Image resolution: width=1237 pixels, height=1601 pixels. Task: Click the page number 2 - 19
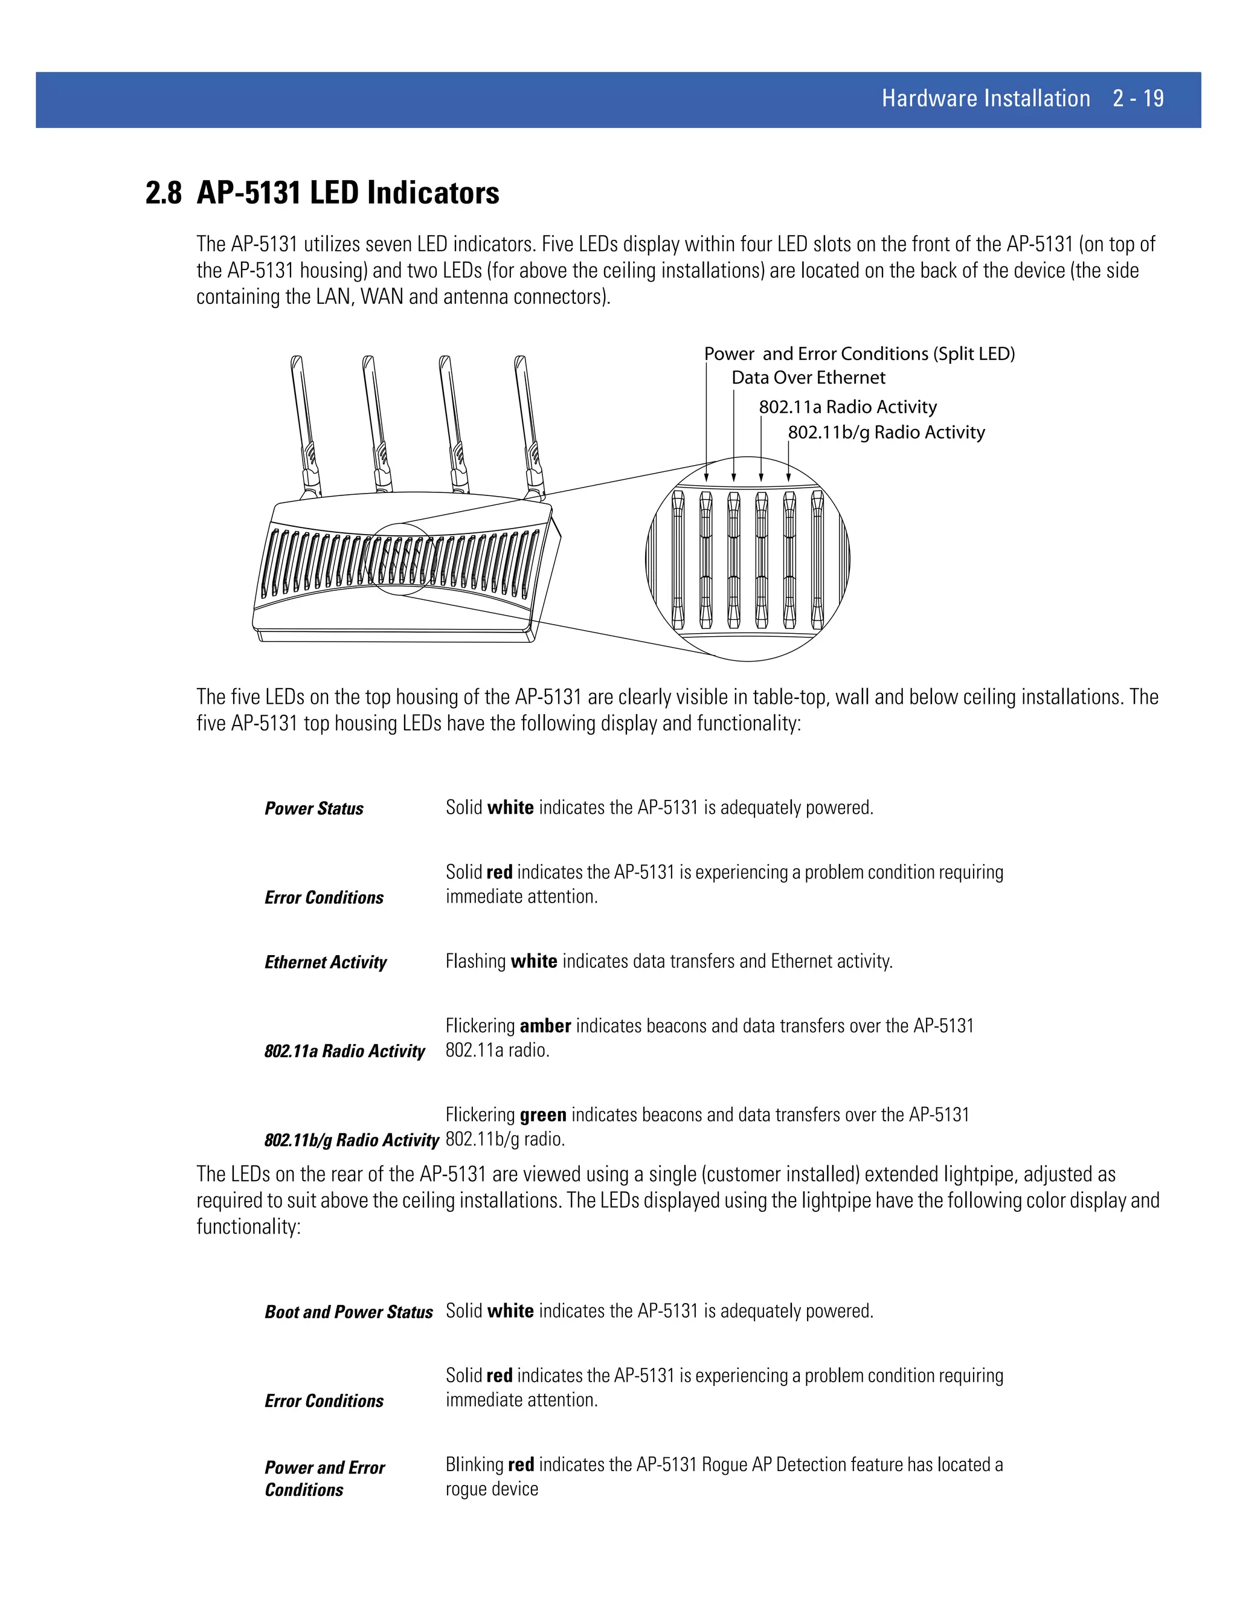1137,98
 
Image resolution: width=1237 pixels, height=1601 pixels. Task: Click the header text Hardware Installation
985,98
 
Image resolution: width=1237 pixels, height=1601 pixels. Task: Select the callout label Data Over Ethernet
808,378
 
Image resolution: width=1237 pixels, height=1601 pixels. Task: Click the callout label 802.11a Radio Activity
847,407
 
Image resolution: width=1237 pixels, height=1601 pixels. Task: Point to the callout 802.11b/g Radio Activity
885,433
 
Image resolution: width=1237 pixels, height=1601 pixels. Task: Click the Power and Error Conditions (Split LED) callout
859,354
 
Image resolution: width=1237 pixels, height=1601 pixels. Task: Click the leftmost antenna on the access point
305,425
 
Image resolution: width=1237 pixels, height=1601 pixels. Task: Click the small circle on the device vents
400,559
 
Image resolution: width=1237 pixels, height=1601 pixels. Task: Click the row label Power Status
313,808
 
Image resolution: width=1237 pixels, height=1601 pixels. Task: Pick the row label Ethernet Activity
326,962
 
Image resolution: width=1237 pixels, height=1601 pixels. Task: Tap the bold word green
542,1115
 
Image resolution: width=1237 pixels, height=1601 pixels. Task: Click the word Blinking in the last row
474,1464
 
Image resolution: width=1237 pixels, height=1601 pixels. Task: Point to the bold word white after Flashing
533,961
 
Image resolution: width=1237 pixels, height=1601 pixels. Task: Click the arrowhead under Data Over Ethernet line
733,477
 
